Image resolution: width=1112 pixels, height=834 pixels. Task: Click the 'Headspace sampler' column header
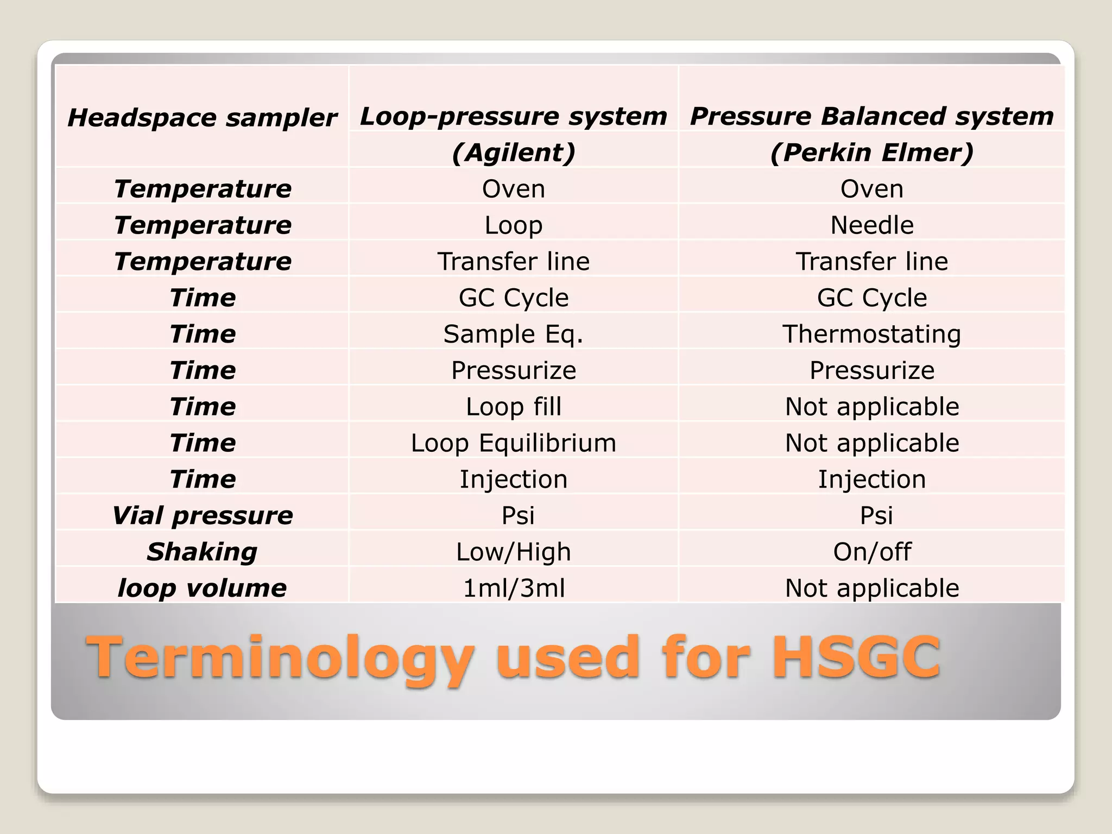point(202,118)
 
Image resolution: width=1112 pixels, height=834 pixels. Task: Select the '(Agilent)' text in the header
point(513,153)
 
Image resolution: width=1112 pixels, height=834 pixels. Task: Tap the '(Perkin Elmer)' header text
point(871,153)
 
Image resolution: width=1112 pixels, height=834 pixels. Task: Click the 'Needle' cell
point(871,225)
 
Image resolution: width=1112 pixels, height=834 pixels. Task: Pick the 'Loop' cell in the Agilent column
point(513,225)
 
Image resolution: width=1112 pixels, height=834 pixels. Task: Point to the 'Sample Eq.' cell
point(513,334)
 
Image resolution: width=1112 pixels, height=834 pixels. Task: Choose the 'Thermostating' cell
point(871,334)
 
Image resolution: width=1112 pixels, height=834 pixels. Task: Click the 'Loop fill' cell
point(513,407)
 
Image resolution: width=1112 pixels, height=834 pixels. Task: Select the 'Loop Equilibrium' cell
point(513,443)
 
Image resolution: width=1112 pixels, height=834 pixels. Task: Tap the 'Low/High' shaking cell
point(513,552)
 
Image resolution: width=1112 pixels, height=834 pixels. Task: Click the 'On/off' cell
point(871,552)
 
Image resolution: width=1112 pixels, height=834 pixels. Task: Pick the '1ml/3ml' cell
point(513,588)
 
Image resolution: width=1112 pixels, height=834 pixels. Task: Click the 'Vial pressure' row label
point(202,516)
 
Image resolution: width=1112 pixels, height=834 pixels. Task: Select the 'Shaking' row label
point(202,552)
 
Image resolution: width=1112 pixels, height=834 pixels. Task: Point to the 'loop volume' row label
point(202,588)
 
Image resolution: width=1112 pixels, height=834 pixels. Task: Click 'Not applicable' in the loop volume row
point(871,588)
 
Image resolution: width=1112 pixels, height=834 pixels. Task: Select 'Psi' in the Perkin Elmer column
point(876,516)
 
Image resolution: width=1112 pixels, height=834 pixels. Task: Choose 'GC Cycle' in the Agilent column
point(513,298)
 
